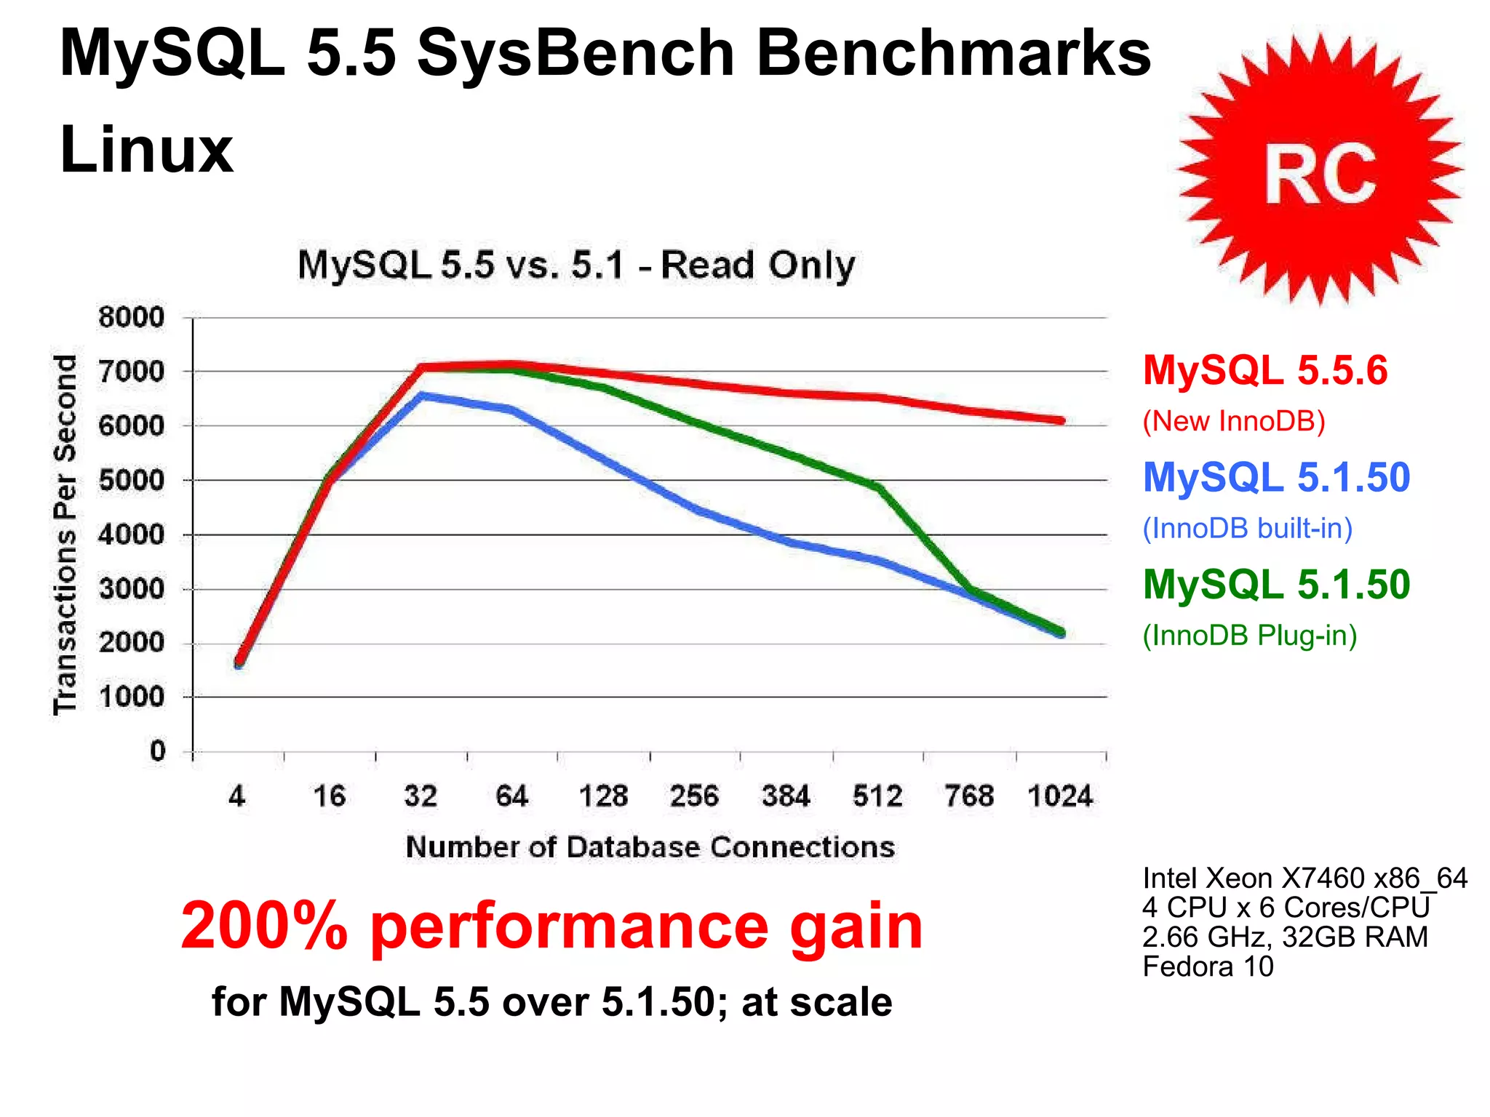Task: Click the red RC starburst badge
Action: tap(1320, 170)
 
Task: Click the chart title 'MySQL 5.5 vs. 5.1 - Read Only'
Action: tap(576, 265)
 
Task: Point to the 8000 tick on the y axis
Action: tap(132, 318)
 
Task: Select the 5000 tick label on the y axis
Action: tap(132, 481)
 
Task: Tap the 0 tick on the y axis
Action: tap(157, 751)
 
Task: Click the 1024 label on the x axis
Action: tap(1059, 796)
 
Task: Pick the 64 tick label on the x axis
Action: tap(511, 796)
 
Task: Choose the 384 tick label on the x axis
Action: tap(786, 796)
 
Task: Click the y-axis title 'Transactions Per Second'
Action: tap(65, 535)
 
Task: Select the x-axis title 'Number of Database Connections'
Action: tap(650, 847)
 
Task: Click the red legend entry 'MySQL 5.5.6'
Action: tap(1265, 371)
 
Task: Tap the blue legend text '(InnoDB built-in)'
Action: tap(1247, 528)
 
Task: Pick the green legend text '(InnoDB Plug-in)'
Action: tap(1249, 636)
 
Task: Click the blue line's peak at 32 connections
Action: tap(422, 396)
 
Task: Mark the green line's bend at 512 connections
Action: tap(879, 487)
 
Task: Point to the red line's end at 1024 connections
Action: tap(1061, 420)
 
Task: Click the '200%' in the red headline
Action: tap(264, 926)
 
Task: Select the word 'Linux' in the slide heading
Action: tap(146, 150)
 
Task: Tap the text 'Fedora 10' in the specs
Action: tap(1208, 966)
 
